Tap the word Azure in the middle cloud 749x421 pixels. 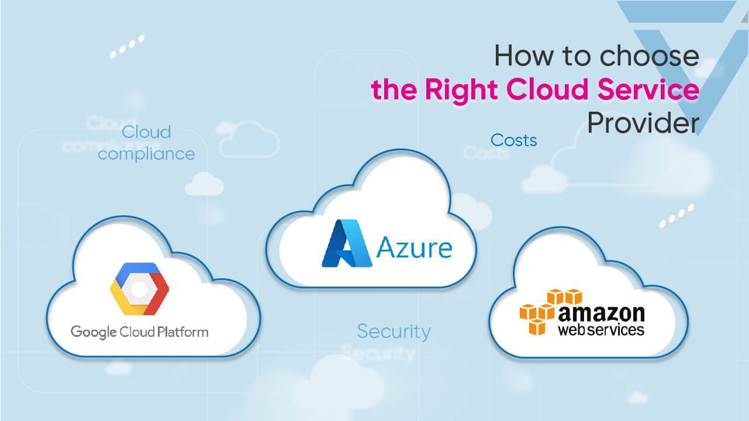click(x=414, y=247)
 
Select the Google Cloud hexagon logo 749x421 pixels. click(x=139, y=289)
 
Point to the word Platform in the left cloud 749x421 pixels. click(x=182, y=332)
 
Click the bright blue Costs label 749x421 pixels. click(x=513, y=140)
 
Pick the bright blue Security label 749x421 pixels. click(x=394, y=331)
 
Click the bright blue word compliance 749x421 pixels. click(x=146, y=154)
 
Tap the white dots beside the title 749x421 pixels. click(x=126, y=47)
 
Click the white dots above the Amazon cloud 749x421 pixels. click(x=676, y=215)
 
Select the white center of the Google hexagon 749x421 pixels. click(x=139, y=289)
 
